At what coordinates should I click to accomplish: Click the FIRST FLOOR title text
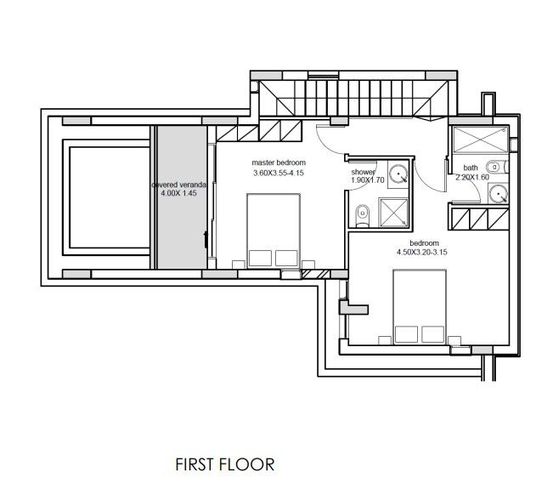pos(224,464)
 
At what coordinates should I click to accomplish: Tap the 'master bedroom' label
pos(279,162)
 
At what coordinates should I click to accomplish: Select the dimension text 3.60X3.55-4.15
pos(279,174)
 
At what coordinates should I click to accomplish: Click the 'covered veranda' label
pos(178,184)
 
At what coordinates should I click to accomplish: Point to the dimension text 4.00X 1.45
pos(178,194)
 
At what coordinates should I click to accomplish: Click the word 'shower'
pos(363,171)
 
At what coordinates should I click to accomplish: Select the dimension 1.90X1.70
pos(368,180)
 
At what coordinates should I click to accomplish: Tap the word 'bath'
pos(470,168)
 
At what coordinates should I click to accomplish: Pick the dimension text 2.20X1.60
pos(473,178)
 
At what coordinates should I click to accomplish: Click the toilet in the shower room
pos(361,215)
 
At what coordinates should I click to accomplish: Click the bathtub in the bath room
pos(478,139)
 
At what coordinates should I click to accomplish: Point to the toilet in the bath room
pos(504,166)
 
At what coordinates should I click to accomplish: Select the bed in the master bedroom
pos(273,229)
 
